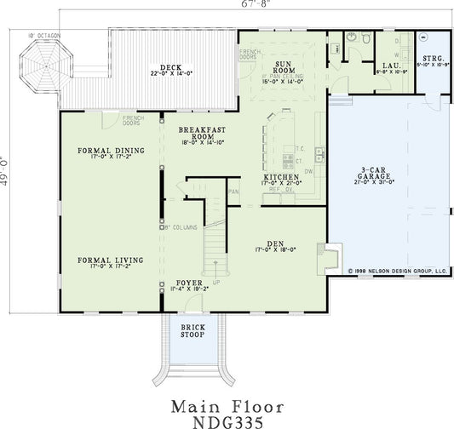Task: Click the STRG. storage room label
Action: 433,59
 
